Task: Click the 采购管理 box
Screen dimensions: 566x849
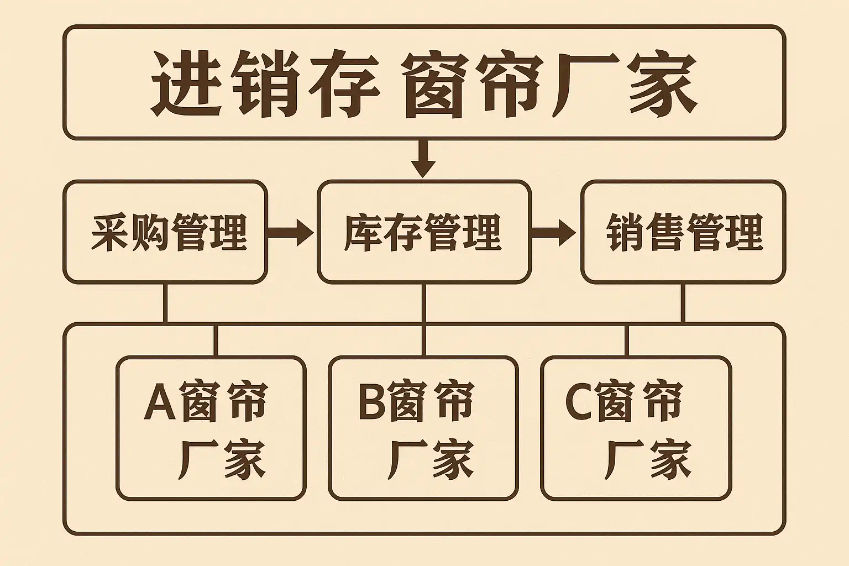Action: [165, 232]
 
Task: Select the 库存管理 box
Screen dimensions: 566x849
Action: [424, 232]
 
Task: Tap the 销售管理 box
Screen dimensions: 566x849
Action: [683, 232]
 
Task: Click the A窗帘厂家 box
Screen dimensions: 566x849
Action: [211, 428]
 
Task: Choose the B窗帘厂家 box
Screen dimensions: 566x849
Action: [423, 428]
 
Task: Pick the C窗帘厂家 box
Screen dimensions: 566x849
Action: [636, 428]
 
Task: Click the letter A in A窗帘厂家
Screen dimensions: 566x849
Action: [160, 402]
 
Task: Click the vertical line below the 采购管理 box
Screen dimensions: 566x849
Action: [165, 303]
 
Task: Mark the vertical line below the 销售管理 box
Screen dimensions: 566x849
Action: [683, 303]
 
